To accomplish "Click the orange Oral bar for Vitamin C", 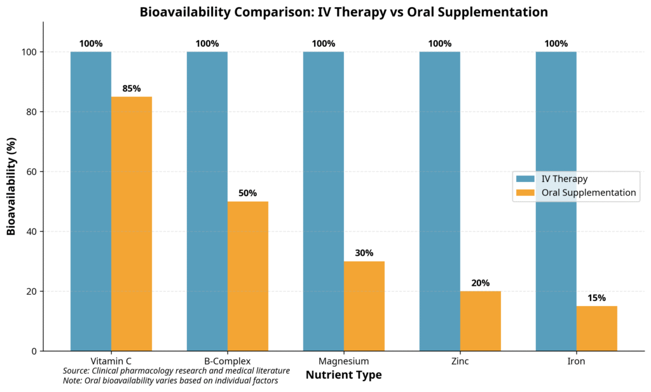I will tap(132, 223).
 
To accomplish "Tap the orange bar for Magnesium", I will tap(364, 305).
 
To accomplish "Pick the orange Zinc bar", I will tap(481, 321).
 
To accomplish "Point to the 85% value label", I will tap(132, 89).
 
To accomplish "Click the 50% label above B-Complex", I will tap(248, 193).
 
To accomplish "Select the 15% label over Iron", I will tap(597, 298).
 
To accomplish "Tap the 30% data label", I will tap(364, 253).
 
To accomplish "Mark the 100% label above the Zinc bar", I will tap(440, 44).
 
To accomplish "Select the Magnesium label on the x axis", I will tap(344, 361).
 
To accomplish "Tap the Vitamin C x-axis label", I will tap(111, 361).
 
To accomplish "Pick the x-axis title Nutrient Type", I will tap(343, 375).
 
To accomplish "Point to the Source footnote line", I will tap(176, 370).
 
